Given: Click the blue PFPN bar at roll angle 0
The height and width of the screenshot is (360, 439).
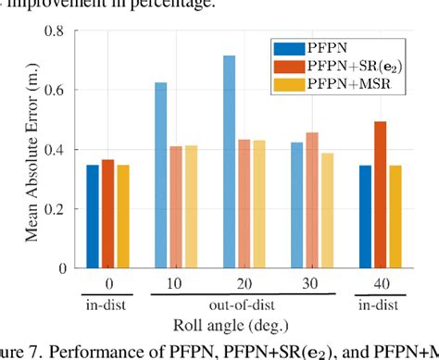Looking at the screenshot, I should click(x=93, y=217).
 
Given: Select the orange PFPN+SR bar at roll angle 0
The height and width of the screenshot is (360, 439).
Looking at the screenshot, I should click(x=108, y=214).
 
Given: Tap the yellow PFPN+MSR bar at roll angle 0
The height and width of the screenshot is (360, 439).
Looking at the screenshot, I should click(x=124, y=217).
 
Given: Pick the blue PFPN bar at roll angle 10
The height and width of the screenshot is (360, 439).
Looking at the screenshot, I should click(x=160, y=175).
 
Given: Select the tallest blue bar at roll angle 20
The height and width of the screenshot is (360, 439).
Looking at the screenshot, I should click(x=229, y=162).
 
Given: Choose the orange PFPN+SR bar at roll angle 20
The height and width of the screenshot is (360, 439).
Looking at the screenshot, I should click(x=245, y=204).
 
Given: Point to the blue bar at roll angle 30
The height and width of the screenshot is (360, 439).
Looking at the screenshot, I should click(x=296, y=205).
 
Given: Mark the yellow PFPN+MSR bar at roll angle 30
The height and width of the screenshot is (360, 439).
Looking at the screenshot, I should click(x=329, y=210).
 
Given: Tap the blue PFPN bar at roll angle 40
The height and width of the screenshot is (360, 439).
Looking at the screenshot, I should click(x=365, y=217).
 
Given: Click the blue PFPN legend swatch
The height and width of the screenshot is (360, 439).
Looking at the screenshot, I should click(x=287, y=47).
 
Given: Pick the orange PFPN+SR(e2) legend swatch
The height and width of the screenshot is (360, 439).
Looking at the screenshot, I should click(x=287, y=66).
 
